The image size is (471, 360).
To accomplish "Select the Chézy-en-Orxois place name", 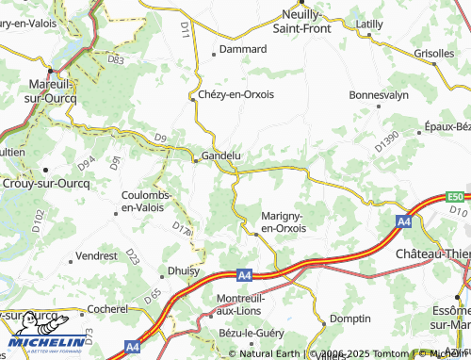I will coord(236,95).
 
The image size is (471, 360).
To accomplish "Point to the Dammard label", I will coord(237,48).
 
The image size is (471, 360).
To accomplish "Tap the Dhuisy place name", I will coord(183,270).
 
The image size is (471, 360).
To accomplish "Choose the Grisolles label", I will coord(434,54).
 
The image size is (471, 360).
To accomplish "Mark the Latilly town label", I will coord(370,22).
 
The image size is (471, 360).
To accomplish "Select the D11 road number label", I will coord(185,31).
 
